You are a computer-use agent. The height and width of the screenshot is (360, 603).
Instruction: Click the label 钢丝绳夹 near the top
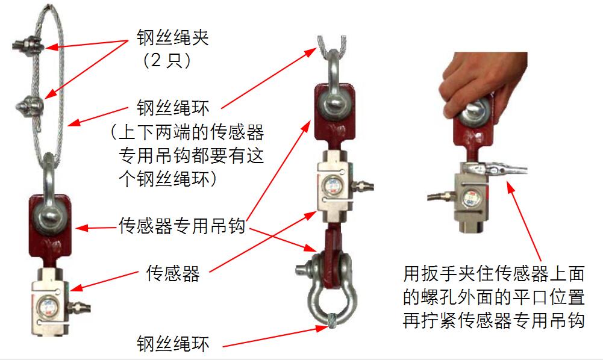(x=173, y=38)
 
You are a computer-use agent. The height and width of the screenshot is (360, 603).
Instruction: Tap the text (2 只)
(x=167, y=60)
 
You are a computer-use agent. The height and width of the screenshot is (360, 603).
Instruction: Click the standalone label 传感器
(x=173, y=273)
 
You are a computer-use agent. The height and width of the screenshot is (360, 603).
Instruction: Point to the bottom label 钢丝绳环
(x=173, y=344)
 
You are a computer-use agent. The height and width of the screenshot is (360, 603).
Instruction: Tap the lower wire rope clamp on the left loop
(x=30, y=105)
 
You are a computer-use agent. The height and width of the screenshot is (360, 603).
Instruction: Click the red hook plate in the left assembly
(x=50, y=227)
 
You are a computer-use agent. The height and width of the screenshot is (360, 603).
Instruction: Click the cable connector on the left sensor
(x=79, y=307)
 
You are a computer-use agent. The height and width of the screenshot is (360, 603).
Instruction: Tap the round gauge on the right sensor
(x=470, y=198)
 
